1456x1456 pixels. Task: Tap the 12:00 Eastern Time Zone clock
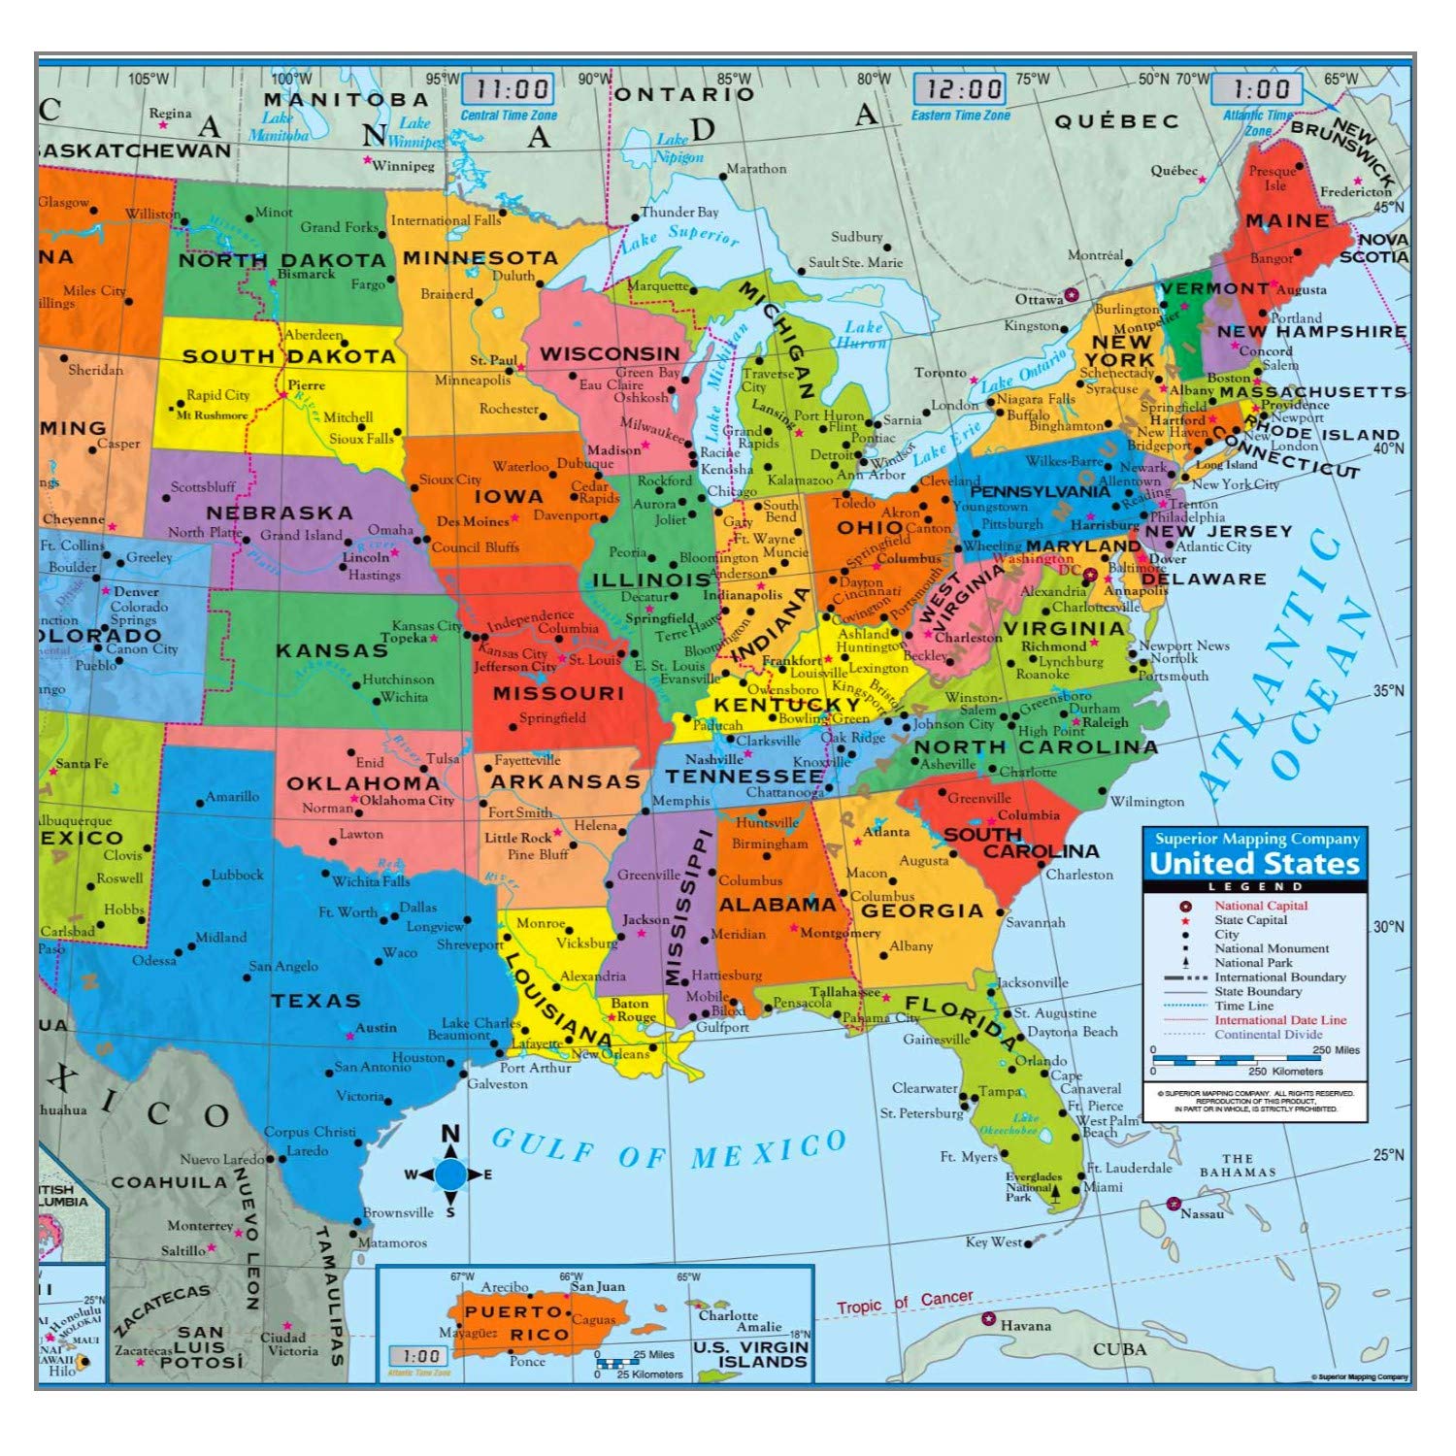click(x=960, y=89)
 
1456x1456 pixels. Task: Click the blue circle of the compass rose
click(x=450, y=1175)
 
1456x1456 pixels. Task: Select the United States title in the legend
click(x=1254, y=863)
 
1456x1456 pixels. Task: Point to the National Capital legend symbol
click(x=1185, y=906)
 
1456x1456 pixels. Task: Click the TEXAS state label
click(x=315, y=1001)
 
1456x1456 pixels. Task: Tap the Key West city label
click(x=993, y=1241)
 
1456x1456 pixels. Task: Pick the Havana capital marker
click(x=989, y=1319)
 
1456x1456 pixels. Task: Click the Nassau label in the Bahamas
click(x=1202, y=1213)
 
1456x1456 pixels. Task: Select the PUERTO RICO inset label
click(x=514, y=1323)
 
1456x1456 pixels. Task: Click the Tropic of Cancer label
click(x=905, y=1303)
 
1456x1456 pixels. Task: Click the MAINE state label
click(x=1287, y=221)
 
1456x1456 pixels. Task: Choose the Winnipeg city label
click(x=404, y=166)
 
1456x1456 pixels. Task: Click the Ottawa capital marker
click(x=1072, y=294)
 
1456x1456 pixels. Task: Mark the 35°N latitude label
click(x=1388, y=691)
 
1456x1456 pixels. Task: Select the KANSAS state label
click(x=332, y=650)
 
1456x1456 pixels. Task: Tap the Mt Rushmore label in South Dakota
click(x=212, y=415)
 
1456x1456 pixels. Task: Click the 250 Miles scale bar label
click(x=1337, y=1050)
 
